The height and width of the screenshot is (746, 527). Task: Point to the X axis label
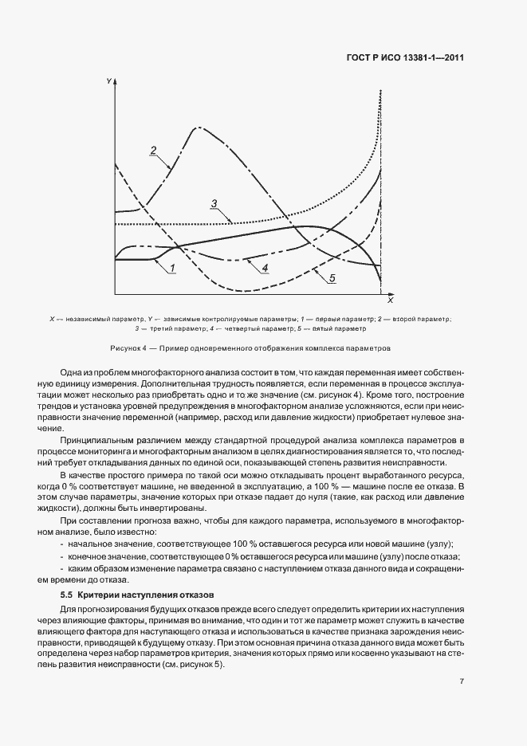(x=390, y=302)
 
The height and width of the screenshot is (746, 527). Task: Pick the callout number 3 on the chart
(x=214, y=204)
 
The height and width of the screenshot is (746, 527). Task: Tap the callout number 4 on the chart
(x=265, y=267)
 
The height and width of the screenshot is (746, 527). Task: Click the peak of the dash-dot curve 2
(x=195, y=128)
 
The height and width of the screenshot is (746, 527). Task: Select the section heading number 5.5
(x=67, y=595)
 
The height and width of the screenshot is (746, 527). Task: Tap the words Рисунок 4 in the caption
(x=130, y=348)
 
